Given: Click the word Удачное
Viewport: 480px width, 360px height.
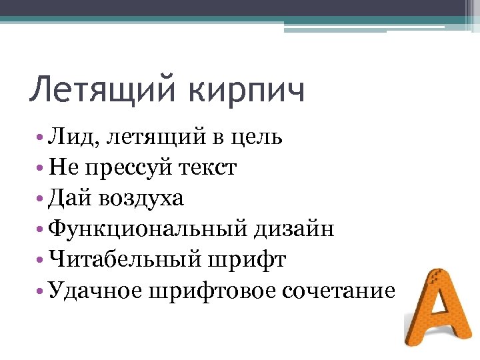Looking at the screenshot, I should (91, 291).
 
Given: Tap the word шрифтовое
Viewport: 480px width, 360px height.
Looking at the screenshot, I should (207, 291).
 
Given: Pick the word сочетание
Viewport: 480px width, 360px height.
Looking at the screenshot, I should (339, 291).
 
